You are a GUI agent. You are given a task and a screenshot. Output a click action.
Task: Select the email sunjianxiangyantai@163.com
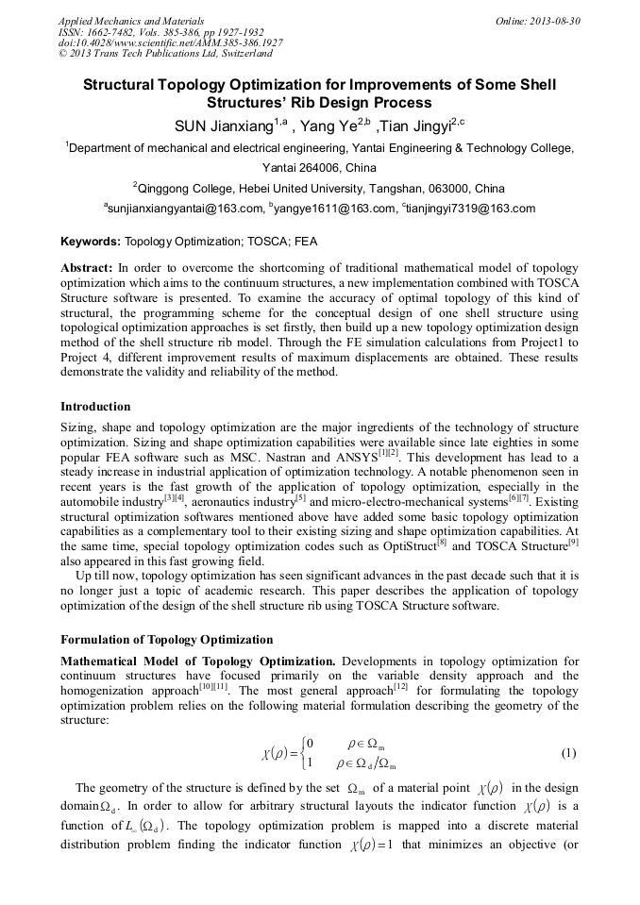pyautogui.click(x=182, y=209)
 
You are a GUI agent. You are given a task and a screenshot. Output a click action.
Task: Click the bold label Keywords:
pyautogui.click(x=91, y=243)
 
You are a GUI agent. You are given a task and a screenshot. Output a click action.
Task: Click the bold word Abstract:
pyautogui.click(x=87, y=268)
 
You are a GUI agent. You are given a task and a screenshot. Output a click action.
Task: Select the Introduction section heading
pyautogui.click(x=95, y=407)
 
